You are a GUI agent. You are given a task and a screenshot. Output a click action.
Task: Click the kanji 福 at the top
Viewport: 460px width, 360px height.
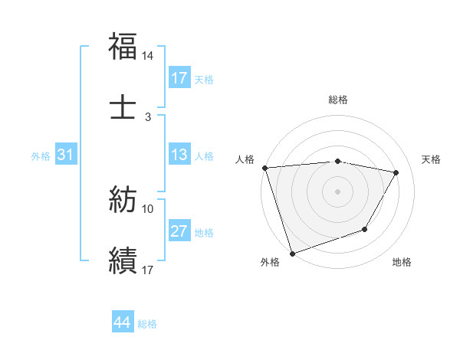(x=123, y=47)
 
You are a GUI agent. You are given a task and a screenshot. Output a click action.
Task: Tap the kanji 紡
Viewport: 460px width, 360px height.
(x=123, y=200)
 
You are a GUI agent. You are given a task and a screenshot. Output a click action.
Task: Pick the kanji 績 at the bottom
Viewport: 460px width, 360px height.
(x=123, y=259)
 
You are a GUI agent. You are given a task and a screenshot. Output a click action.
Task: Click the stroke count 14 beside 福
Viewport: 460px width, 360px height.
(x=148, y=57)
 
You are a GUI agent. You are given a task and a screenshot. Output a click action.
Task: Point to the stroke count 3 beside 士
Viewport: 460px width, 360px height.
(x=148, y=116)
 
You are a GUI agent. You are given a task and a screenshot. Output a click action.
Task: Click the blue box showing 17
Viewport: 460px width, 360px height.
(x=179, y=78)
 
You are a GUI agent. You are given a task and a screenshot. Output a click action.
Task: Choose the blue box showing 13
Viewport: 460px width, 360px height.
(x=179, y=155)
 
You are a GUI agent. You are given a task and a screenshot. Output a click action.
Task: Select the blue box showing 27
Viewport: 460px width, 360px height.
(x=179, y=231)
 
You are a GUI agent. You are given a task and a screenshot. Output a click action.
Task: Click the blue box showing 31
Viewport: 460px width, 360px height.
(x=66, y=155)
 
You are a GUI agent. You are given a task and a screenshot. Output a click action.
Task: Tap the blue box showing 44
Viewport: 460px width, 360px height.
(x=123, y=322)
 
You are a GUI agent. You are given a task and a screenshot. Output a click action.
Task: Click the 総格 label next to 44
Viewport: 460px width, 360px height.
(x=147, y=324)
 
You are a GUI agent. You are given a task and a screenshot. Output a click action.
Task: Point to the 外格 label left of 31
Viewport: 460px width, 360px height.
(x=41, y=155)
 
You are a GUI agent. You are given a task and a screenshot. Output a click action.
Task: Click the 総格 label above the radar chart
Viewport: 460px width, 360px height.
(x=338, y=100)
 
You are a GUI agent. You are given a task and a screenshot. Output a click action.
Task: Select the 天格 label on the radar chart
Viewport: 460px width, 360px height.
(x=432, y=159)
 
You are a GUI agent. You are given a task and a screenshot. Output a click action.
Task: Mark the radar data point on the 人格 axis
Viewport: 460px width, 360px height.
(x=264, y=168)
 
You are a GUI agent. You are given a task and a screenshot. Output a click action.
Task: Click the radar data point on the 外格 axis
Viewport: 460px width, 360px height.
(x=292, y=253)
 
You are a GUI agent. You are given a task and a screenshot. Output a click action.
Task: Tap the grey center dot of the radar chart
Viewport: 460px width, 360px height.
(x=338, y=191)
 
